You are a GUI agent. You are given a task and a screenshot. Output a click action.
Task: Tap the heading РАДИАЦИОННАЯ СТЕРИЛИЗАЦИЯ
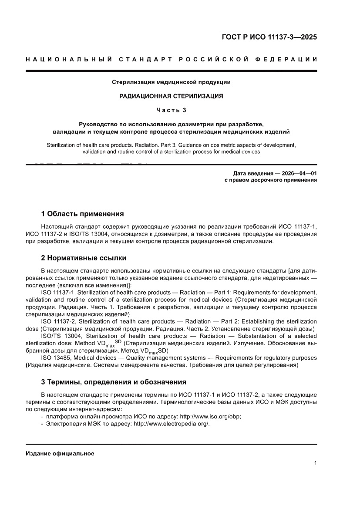tap(171, 96)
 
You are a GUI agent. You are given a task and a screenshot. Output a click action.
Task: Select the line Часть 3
tap(171, 110)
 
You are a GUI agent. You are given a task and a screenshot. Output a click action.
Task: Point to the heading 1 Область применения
tap(82, 214)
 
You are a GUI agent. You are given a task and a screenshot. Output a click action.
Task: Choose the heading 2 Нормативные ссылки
tap(84, 258)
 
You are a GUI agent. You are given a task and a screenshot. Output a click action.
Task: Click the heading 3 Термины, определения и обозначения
tap(114, 382)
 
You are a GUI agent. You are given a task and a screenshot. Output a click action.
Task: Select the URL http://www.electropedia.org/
tap(172, 424)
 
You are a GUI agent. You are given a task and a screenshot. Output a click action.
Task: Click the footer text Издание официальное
tap(60, 453)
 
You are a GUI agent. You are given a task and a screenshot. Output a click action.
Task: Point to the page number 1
tap(315, 463)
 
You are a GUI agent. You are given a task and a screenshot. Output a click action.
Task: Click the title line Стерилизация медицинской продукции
tap(171, 82)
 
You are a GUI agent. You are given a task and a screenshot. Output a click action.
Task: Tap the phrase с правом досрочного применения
tap(270, 179)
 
